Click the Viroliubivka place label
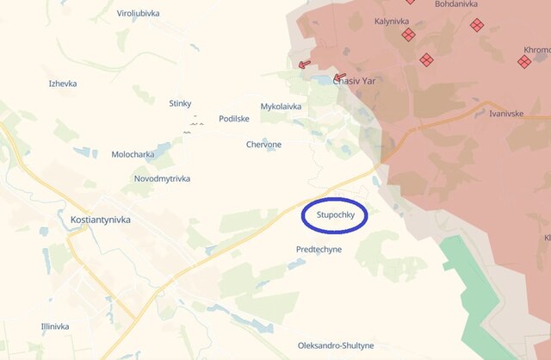(x=138, y=14)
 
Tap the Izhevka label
(x=63, y=84)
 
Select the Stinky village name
(x=180, y=103)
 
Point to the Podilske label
(x=234, y=119)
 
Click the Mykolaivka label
(x=282, y=107)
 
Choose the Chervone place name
(x=263, y=145)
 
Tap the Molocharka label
(x=133, y=154)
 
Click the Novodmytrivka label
(x=162, y=178)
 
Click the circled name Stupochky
(x=335, y=215)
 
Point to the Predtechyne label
(x=319, y=249)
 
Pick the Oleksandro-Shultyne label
(x=336, y=345)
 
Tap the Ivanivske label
(x=506, y=114)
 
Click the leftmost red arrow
(x=304, y=64)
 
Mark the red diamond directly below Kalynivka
(x=408, y=34)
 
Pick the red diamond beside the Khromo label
(x=524, y=62)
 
